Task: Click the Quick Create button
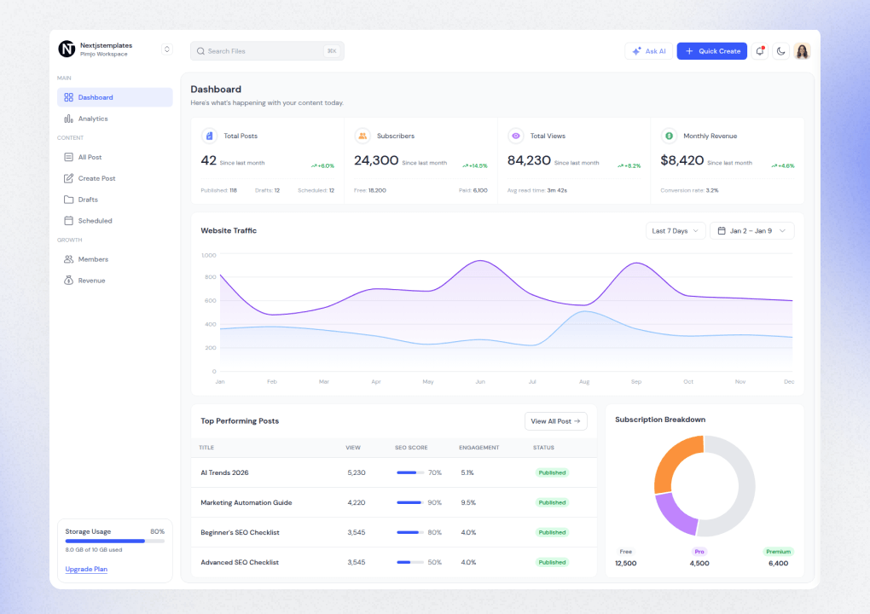click(x=711, y=51)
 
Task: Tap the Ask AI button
click(x=648, y=51)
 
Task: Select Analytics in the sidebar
click(x=93, y=119)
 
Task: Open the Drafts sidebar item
click(x=88, y=200)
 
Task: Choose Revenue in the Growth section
click(x=91, y=281)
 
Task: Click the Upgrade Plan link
click(x=86, y=569)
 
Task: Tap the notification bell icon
click(x=760, y=51)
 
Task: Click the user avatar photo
click(x=802, y=51)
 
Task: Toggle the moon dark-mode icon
click(x=780, y=51)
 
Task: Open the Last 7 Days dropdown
click(x=676, y=231)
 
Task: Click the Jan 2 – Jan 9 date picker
click(x=751, y=231)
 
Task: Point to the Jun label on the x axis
click(x=480, y=382)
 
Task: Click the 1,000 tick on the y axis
click(x=209, y=255)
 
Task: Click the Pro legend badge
click(x=699, y=552)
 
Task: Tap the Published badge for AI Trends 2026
click(x=552, y=472)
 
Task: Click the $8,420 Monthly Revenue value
click(x=681, y=160)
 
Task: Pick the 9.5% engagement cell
click(x=468, y=502)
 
